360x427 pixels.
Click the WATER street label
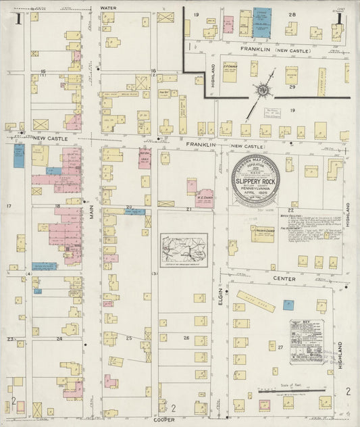pos(109,8)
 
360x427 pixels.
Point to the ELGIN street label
pos(221,295)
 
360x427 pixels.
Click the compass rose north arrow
pos(261,87)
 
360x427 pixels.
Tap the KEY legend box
pos(306,341)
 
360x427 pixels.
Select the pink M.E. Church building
pos(203,197)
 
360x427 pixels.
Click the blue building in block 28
pos(262,22)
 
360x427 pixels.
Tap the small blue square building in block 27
pos(288,305)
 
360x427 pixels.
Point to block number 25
pos(129,337)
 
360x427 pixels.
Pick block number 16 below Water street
pos(153,71)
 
